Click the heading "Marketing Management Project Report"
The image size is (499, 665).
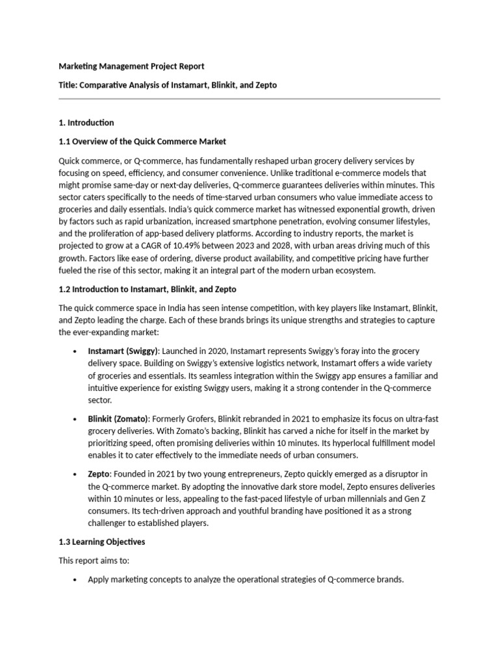(131, 66)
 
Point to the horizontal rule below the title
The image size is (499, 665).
(249, 99)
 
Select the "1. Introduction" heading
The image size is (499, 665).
(86, 122)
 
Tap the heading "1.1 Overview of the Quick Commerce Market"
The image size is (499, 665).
(142, 141)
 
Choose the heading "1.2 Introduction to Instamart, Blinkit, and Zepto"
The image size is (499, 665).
(151, 289)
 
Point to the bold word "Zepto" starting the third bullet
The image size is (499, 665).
(99, 474)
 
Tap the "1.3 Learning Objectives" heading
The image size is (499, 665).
(102, 542)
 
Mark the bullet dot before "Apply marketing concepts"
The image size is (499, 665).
(76, 580)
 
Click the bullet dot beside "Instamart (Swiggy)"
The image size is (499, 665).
(76, 351)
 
